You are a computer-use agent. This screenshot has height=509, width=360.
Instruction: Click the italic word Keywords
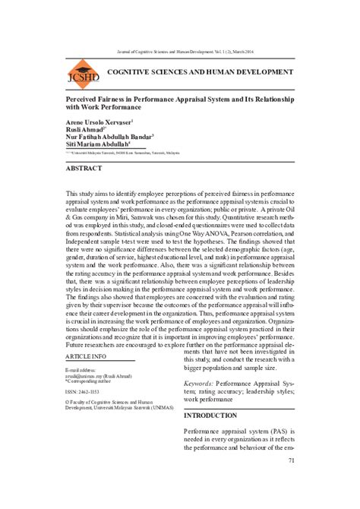204,384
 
